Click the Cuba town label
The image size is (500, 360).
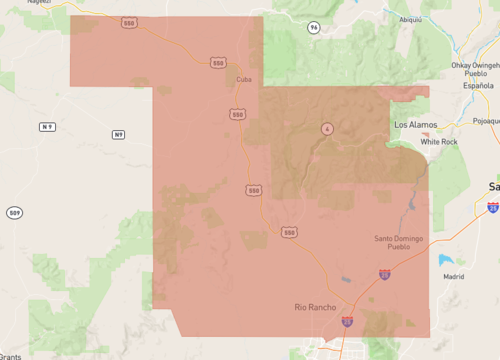coord(244,79)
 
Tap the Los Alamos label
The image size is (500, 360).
coord(416,125)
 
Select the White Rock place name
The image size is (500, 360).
coord(438,142)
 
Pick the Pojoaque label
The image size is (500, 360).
coord(486,119)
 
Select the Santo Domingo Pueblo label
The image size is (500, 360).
coord(399,242)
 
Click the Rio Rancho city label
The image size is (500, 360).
coord(315,307)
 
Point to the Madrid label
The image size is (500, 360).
coord(453,276)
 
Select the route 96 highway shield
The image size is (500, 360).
coord(314,27)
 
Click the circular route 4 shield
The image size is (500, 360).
coord(326,129)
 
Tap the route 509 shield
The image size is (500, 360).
coord(14,213)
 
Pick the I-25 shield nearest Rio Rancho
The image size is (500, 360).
coord(347,322)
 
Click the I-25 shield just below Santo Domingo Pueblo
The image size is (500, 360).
coord(384,273)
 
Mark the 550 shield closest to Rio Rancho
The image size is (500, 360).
coord(289,232)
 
